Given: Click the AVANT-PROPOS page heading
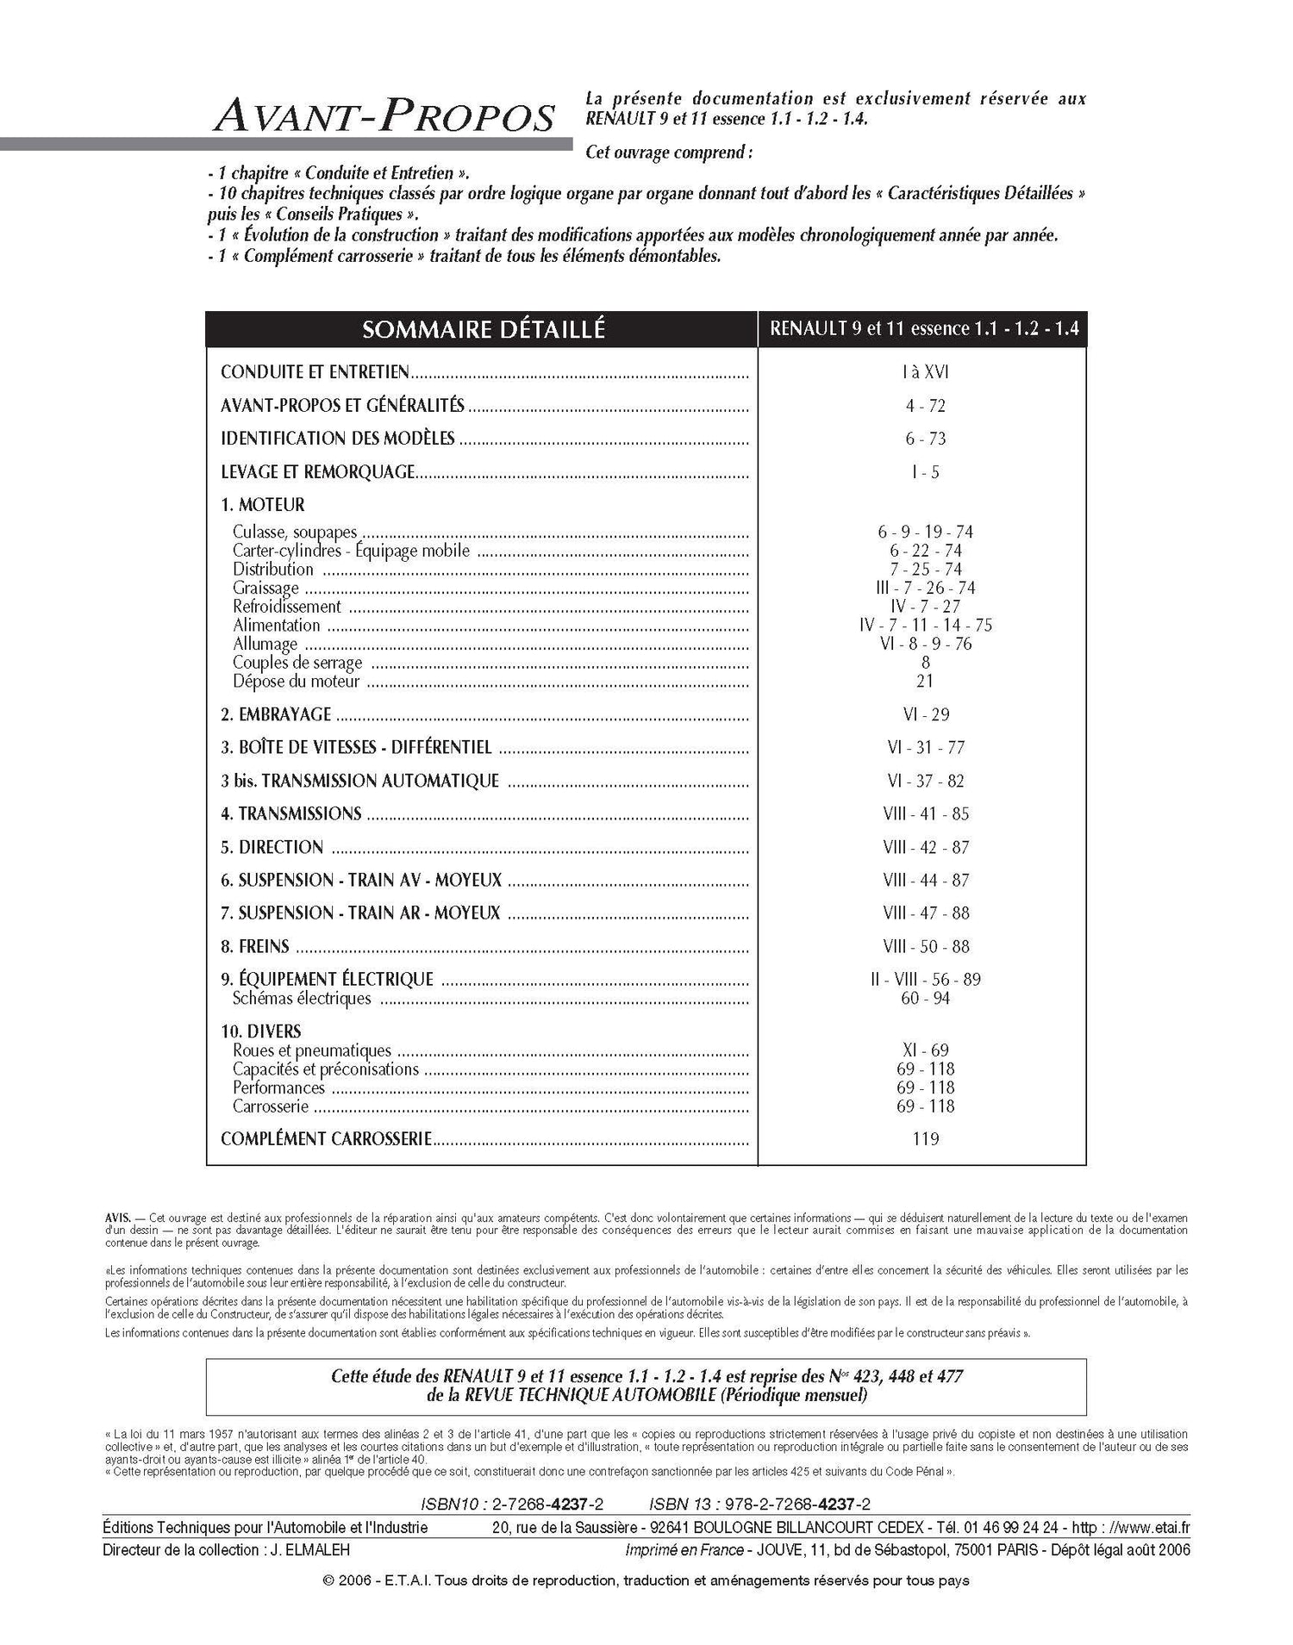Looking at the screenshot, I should pyautogui.click(x=384, y=115).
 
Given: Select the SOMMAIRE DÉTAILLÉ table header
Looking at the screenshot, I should pyautogui.click(x=483, y=329).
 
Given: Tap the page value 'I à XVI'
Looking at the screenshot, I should pyautogui.click(x=925, y=372).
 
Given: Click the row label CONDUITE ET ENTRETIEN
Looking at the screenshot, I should pyautogui.click(x=315, y=372).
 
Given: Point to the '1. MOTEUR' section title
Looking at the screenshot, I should pyautogui.click(x=263, y=504).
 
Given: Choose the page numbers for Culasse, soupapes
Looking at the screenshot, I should pyautogui.click(x=925, y=533).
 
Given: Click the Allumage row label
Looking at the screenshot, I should pyautogui.click(x=265, y=644).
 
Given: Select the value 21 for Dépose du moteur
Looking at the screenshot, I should pyautogui.click(x=925, y=681).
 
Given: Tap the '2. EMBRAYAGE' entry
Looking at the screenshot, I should pyautogui.click(x=276, y=714).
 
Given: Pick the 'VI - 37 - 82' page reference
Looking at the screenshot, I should pyautogui.click(x=925, y=781).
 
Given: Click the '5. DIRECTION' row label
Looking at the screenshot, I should pyautogui.click(x=272, y=847).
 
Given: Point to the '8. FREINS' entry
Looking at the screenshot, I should pyautogui.click(x=255, y=946).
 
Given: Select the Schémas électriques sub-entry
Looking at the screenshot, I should pyautogui.click(x=302, y=999).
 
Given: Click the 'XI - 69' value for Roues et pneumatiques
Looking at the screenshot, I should pyautogui.click(x=925, y=1050).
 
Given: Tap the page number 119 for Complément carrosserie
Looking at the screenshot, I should pyautogui.click(x=925, y=1139).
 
